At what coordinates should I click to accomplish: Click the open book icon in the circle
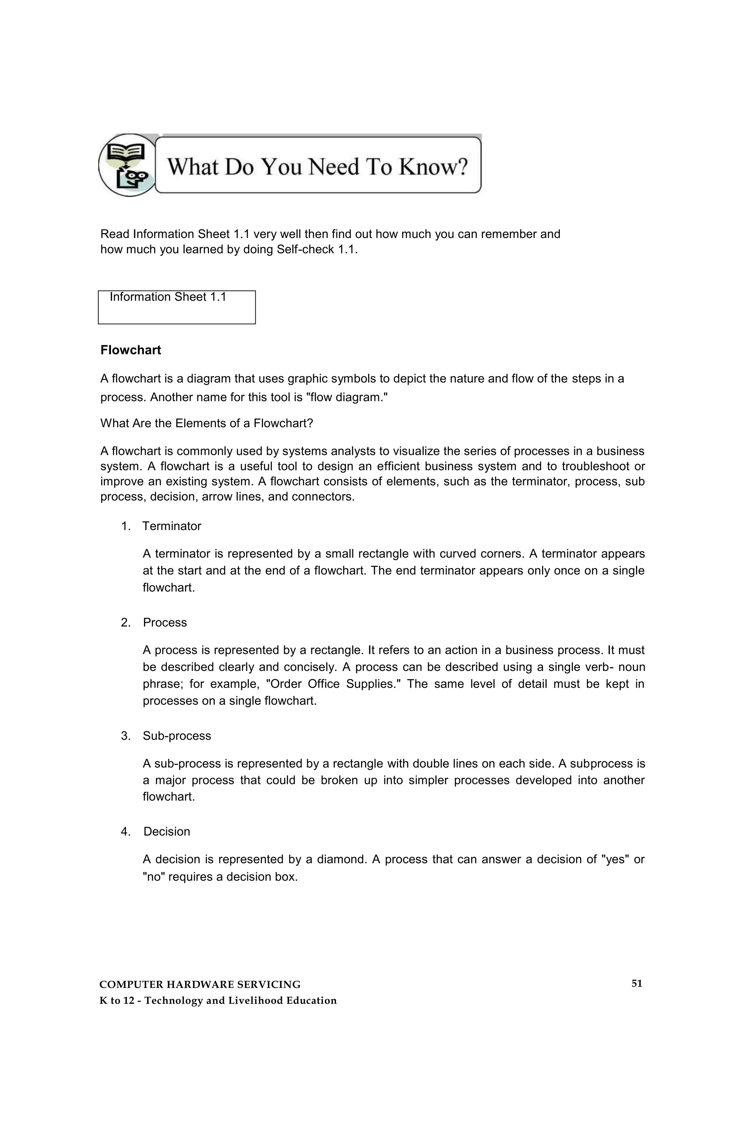(x=125, y=154)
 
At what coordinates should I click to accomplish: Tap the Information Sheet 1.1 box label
(x=168, y=297)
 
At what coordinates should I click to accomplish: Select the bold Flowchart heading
(x=130, y=350)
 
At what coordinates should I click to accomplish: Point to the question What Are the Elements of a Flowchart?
(x=206, y=423)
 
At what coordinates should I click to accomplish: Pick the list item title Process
(x=165, y=622)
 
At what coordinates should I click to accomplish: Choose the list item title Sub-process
(x=177, y=736)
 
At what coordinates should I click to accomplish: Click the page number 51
(x=636, y=983)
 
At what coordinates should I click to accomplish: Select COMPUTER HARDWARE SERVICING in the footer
(x=200, y=984)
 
